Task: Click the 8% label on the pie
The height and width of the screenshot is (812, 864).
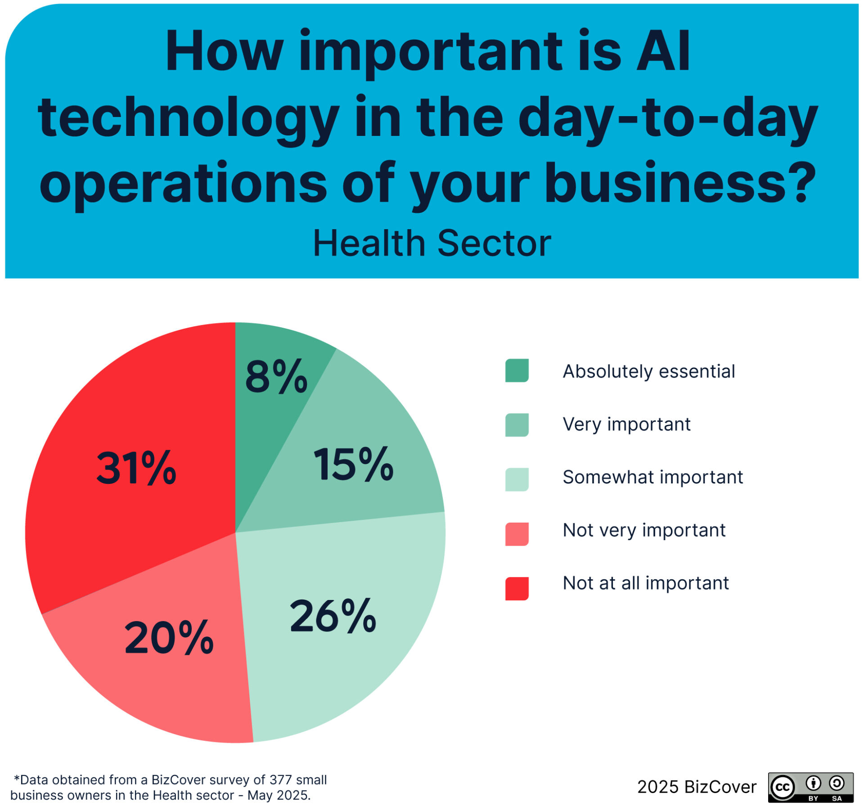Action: pos(276,376)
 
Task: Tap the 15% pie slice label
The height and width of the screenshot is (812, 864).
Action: pos(353,464)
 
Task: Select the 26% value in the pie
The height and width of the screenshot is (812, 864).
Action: pos(333,616)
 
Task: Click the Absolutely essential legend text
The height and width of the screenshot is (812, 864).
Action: pos(649,371)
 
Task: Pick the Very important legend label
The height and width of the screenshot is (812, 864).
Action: pos(626,424)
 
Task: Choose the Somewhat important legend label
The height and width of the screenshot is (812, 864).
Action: pos(653,477)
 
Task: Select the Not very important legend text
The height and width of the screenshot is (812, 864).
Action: pos(644,530)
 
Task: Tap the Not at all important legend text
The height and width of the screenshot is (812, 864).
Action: pos(646,583)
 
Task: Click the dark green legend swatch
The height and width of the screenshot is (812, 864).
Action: pos(517,370)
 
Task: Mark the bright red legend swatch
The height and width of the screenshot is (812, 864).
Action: pos(517,589)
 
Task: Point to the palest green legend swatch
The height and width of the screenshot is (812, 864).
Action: pos(517,479)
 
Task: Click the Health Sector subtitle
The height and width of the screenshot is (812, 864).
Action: pos(432,243)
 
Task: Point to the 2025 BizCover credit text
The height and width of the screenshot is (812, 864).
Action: pos(697,787)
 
